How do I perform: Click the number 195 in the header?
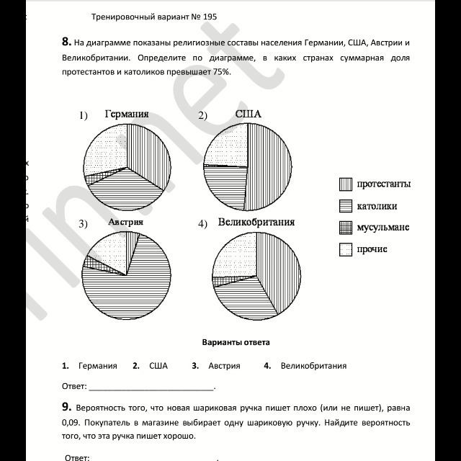(x=208, y=16)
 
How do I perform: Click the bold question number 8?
(x=66, y=42)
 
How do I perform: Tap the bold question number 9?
(x=66, y=407)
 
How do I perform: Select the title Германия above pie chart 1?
(x=126, y=114)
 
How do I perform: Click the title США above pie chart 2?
(x=248, y=114)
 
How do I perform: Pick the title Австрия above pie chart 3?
(x=125, y=222)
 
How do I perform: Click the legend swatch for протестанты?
(x=345, y=184)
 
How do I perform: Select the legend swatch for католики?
(x=345, y=206)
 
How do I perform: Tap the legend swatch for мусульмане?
(x=345, y=228)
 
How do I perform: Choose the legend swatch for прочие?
(x=345, y=249)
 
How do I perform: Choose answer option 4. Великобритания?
(x=305, y=366)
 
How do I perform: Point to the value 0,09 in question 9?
(x=73, y=422)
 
